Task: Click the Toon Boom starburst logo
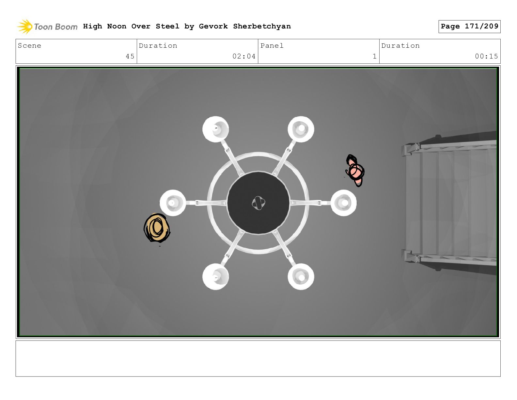pos(25,26)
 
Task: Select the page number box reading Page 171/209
pos(469,26)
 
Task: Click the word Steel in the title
pos(167,26)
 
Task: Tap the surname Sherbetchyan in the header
pos(262,26)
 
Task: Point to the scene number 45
pos(130,57)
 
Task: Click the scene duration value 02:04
pos(244,57)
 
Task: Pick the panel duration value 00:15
pos(486,57)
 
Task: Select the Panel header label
pos(272,45)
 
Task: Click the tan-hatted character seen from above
pos(157,228)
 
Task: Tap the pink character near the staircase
pos(355,171)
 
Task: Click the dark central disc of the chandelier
pos(258,203)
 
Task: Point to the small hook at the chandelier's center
pos(258,203)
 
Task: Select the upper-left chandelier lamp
pos(215,129)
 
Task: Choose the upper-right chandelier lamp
pos(301,129)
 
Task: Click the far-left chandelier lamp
pos(173,203)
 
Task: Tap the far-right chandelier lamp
pos(344,203)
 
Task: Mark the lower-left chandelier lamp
pos(215,276)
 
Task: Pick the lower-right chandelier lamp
pos(301,276)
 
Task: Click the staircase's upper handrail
pos(450,146)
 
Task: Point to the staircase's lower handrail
pos(450,258)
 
